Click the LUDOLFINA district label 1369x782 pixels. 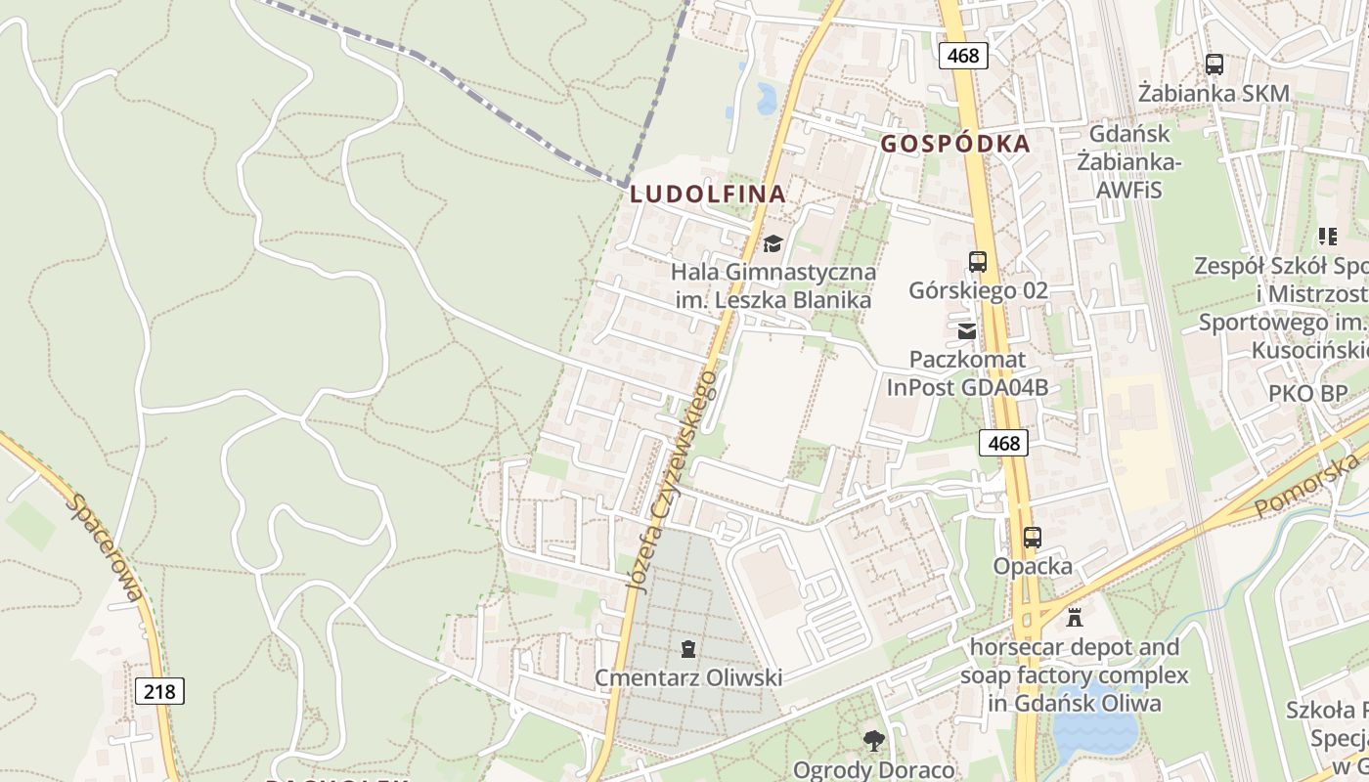(x=708, y=194)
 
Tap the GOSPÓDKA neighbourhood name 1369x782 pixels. (x=955, y=144)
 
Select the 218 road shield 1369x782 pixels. (x=158, y=691)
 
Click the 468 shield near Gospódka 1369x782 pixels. (x=963, y=56)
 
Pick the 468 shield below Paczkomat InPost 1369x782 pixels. (x=1003, y=443)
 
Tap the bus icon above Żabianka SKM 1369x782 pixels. (x=1214, y=65)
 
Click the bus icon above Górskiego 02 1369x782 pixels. (x=977, y=261)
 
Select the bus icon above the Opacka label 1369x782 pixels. (x=1032, y=537)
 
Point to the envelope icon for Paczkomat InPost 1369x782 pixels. (x=967, y=330)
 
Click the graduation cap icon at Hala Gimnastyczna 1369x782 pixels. (x=773, y=242)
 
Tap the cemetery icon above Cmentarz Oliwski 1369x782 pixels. (x=688, y=648)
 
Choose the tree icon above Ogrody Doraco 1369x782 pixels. (x=872, y=740)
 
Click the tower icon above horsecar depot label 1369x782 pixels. (x=1075, y=617)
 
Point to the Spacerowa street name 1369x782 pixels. (x=106, y=547)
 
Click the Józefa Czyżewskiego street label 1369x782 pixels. (x=673, y=479)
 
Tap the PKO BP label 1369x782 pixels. (x=1307, y=393)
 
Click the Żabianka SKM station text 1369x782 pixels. (x=1214, y=94)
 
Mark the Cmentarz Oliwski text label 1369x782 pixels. (x=688, y=677)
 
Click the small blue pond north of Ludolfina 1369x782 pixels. (x=767, y=99)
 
